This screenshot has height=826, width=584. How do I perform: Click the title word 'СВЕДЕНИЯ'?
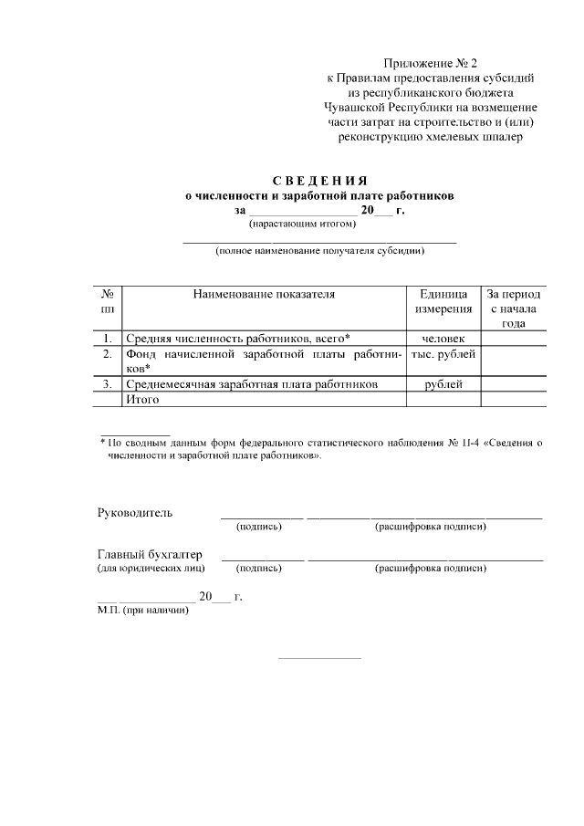click(x=319, y=179)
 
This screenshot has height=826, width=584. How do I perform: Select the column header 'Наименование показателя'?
click(x=264, y=295)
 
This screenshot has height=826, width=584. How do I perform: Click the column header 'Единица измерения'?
click(x=443, y=302)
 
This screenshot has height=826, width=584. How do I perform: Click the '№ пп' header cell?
click(x=108, y=302)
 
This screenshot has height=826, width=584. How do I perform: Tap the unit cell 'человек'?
click(x=443, y=339)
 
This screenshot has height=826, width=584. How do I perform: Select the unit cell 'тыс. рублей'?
click(x=443, y=354)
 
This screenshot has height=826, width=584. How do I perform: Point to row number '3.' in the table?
click(x=108, y=384)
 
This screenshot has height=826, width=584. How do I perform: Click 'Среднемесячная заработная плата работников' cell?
click(x=252, y=384)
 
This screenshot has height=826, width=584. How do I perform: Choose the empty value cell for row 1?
click(x=513, y=339)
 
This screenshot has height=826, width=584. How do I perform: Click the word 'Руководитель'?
click(x=134, y=512)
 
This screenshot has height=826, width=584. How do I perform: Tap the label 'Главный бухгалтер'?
click(x=150, y=554)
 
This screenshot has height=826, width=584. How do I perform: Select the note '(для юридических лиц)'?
click(x=151, y=569)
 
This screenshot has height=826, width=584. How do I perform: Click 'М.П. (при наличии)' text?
click(x=143, y=610)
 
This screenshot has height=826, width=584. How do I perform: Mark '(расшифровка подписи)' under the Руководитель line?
click(x=430, y=527)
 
